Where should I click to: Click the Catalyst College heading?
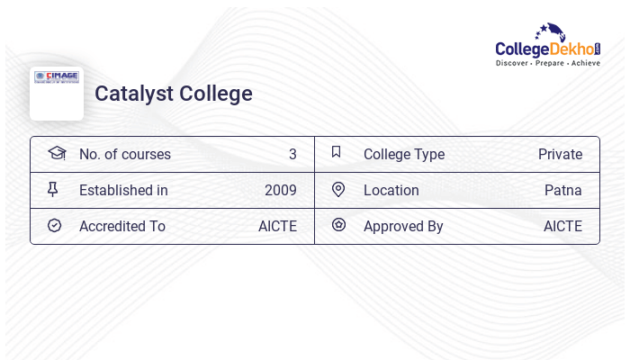tap(174, 94)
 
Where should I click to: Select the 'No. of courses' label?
tap(125, 155)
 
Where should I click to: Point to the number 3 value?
tap(292, 155)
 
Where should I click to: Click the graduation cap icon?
tap(57, 153)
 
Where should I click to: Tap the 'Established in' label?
tap(123, 191)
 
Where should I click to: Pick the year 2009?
tap(280, 191)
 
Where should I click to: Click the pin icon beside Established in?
tap(53, 189)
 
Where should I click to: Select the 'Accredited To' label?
tap(122, 227)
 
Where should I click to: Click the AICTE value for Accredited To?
tap(277, 227)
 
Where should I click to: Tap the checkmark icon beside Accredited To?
tap(54, 225)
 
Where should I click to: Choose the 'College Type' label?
tap(404, 155)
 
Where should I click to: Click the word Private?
tap(560, 155)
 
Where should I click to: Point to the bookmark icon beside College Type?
tap(337, 152)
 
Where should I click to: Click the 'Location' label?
tap(391, 191)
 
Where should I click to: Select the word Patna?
tap(563, 191)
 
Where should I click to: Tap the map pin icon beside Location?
tap(338, 189)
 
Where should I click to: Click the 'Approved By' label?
tap(403, 227)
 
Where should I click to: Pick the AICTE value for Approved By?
tap(562, 227)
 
